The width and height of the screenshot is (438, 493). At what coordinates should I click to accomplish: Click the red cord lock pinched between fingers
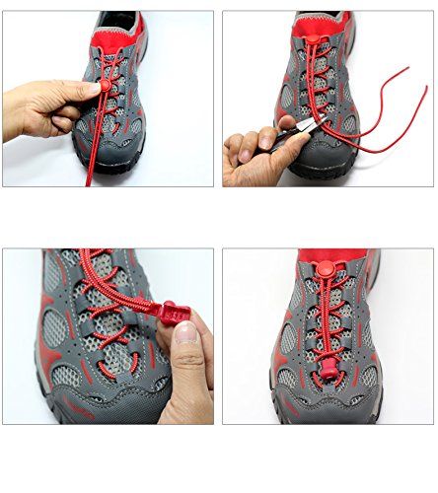click(95, 88)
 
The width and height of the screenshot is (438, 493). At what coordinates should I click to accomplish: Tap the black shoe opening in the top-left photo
click(118, 19)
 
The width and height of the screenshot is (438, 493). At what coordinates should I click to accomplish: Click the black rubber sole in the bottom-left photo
click(99, 414)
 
